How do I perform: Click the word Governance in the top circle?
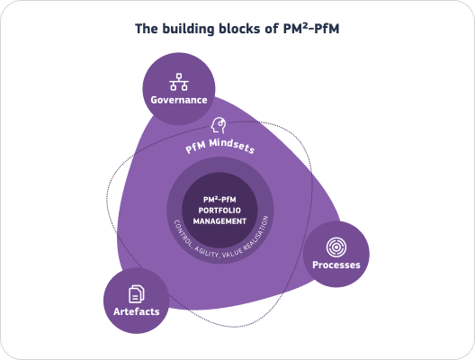coord(180,100)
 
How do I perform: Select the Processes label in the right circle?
coord(336,265)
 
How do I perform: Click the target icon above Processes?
coord(336,246)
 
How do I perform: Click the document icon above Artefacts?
coord(138,292)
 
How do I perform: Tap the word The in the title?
coord(147,29)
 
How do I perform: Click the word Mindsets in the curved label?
coord(237,145)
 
